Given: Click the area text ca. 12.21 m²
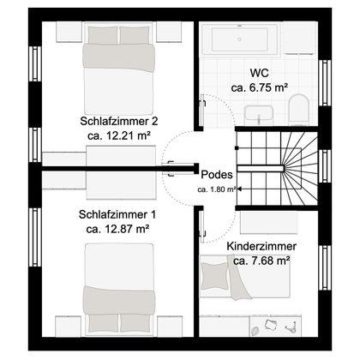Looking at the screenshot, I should point(117,135).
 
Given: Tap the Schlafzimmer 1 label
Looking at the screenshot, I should point(117,213).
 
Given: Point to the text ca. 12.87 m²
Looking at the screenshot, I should point(117,228).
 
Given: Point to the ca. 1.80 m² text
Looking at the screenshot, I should point(217,190).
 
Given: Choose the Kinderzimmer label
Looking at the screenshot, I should point(261,246).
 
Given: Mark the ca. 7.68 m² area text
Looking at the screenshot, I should point(261,261).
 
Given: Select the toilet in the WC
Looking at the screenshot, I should point(297,110).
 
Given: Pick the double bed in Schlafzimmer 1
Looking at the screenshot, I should point(118,287).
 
